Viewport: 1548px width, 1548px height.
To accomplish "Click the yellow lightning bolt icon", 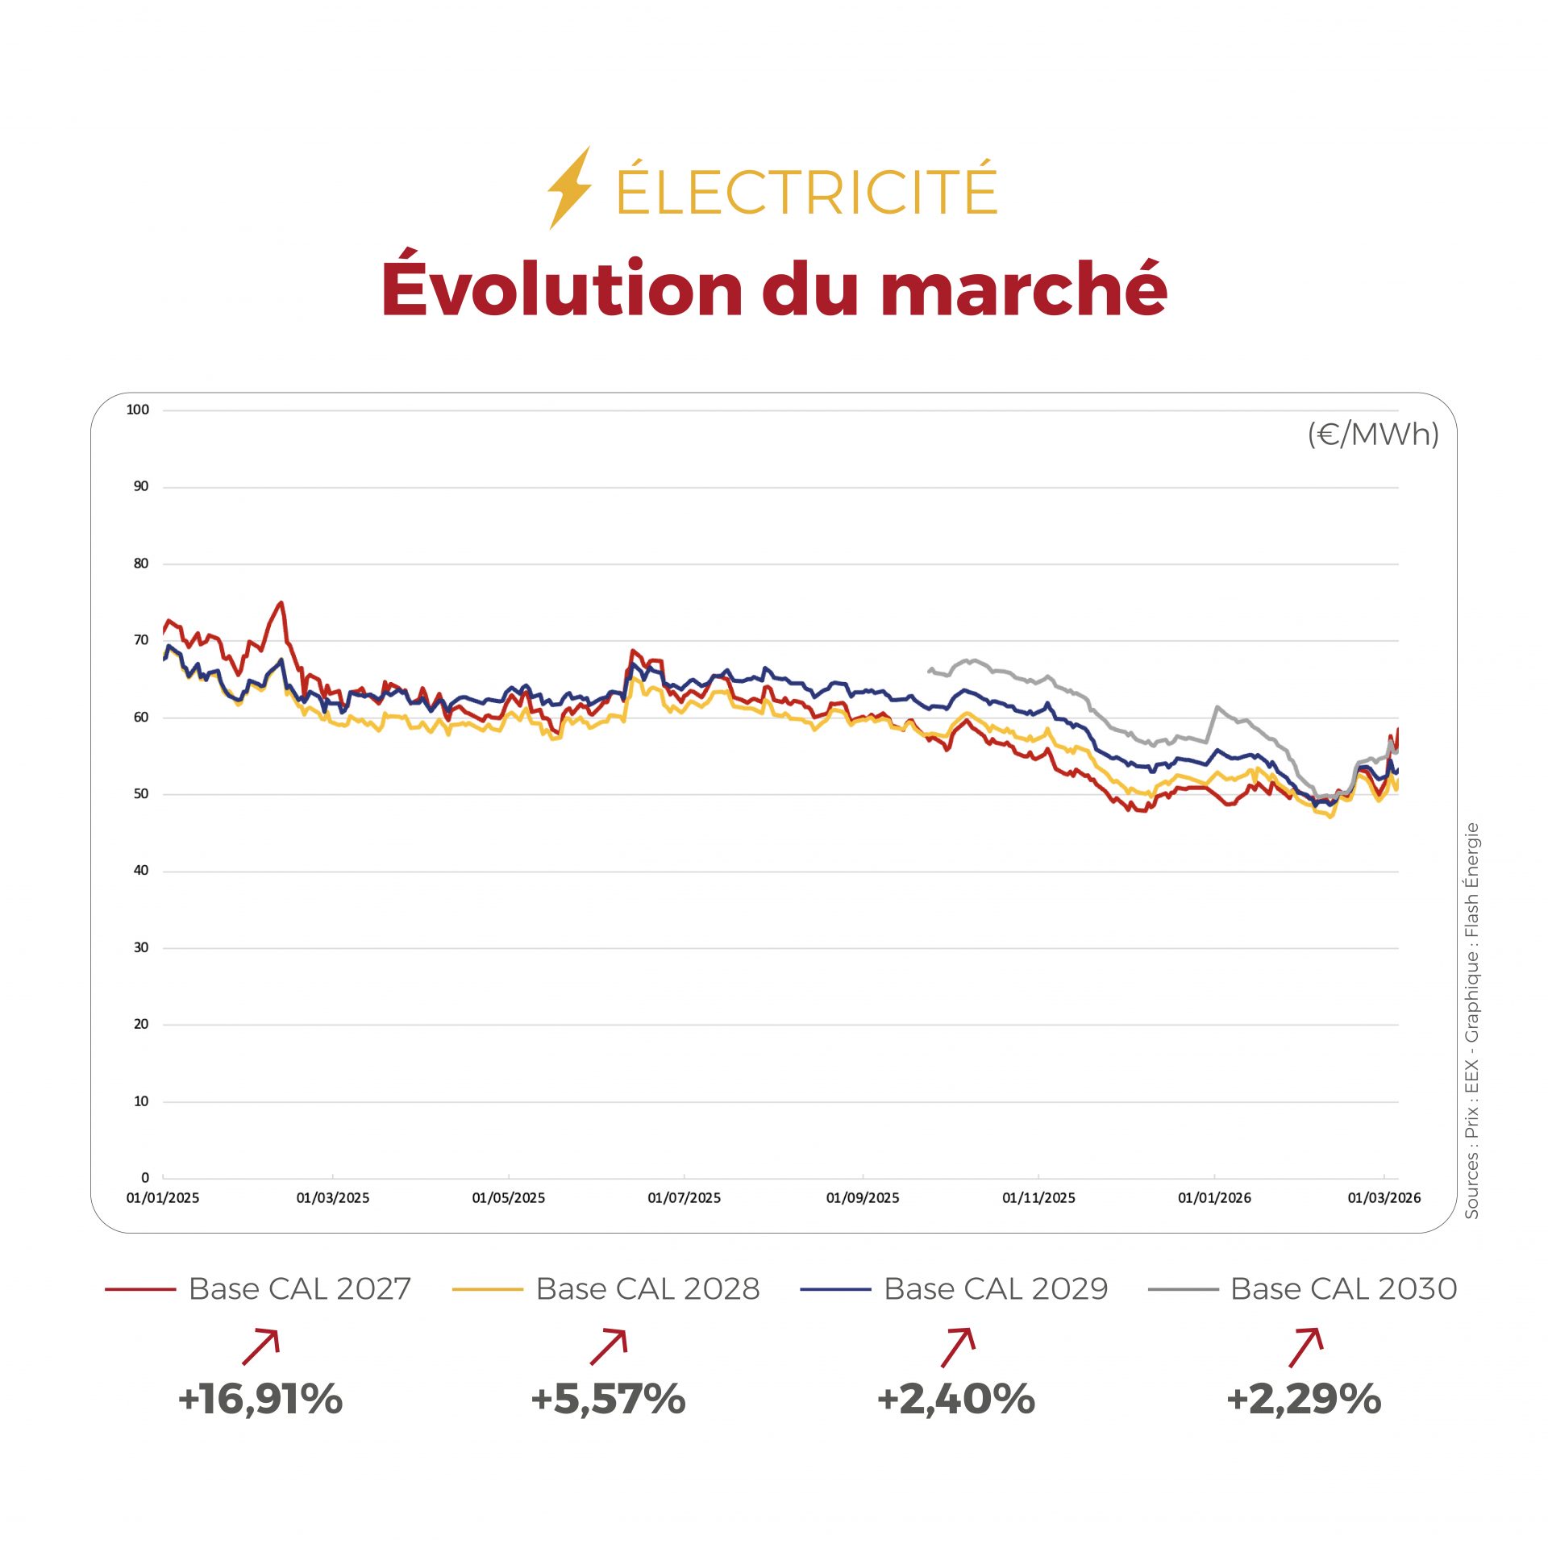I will click(569, 188).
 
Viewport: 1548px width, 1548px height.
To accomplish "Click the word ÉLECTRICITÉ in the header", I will click(806, 190).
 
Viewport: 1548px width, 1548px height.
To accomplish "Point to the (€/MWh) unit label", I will click(1372, 435).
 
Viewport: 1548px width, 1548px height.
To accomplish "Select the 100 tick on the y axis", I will click(138, 410).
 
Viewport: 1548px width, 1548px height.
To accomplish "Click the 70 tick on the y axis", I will click(141, 640).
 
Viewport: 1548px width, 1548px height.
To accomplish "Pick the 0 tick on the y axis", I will click(145, 1178).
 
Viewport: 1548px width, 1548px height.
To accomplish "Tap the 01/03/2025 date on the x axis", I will click(332, 1198).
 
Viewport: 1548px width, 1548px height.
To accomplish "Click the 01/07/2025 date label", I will click(684, 1198).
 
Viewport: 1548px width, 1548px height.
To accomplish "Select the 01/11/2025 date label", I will click(1038, 1198).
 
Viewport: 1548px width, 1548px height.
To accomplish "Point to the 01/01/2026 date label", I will click(1214, 1198).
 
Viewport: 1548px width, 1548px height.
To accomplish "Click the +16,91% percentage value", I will click(260, 1399).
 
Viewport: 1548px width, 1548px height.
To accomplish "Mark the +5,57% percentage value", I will click(608, 1399).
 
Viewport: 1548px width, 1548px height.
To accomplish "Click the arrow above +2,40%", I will click(958, 1347).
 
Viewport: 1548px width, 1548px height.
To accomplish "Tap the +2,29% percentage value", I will click(1304, 1399).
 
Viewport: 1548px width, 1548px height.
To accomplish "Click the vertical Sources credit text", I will click(1472, 1020).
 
